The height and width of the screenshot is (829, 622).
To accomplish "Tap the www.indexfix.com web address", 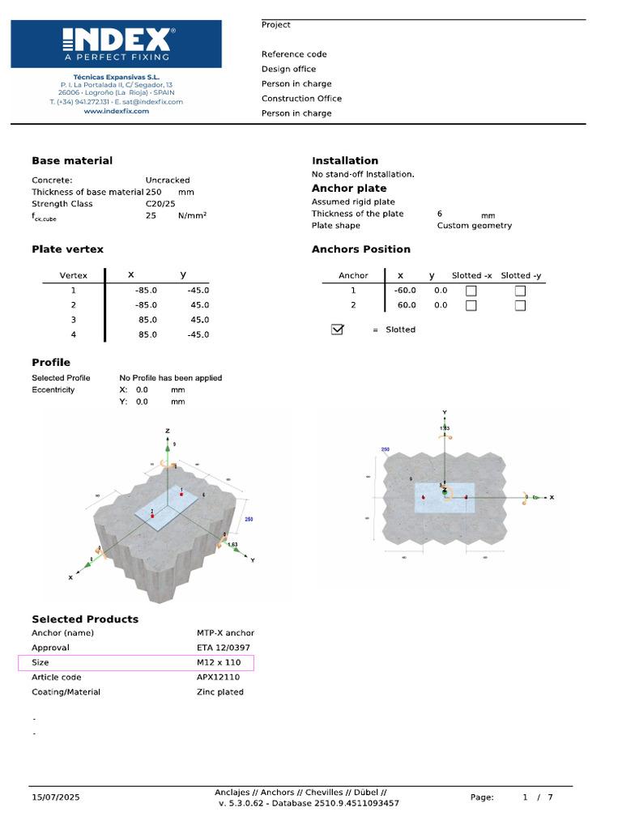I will tap(116, 111).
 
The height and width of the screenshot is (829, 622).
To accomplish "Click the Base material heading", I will tap(72, 161).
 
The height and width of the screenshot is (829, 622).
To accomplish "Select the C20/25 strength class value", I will tap(160, 204).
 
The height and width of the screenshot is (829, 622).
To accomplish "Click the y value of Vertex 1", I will tap(198, 290).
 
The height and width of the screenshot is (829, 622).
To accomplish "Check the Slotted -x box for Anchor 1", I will tap(471, 291).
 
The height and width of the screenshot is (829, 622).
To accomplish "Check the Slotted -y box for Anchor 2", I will tap(520, 305).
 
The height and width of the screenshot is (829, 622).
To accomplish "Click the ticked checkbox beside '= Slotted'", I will tap(338, 329).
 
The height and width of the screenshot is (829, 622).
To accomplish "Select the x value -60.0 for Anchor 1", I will tap(405, 291).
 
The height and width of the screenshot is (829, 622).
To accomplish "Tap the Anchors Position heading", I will tap(361, 249).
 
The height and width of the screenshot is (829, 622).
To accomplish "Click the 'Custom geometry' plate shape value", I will tap(475, 226).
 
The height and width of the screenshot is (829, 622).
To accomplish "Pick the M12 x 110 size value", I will tap(219, 662).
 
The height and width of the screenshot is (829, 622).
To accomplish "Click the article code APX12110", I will tap(218, 678).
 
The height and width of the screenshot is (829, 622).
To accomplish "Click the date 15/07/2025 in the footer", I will tap(56, 797).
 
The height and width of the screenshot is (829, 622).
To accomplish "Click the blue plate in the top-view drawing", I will tap(445, 498).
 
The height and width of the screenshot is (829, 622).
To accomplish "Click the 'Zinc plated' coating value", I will tap(219, 692).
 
